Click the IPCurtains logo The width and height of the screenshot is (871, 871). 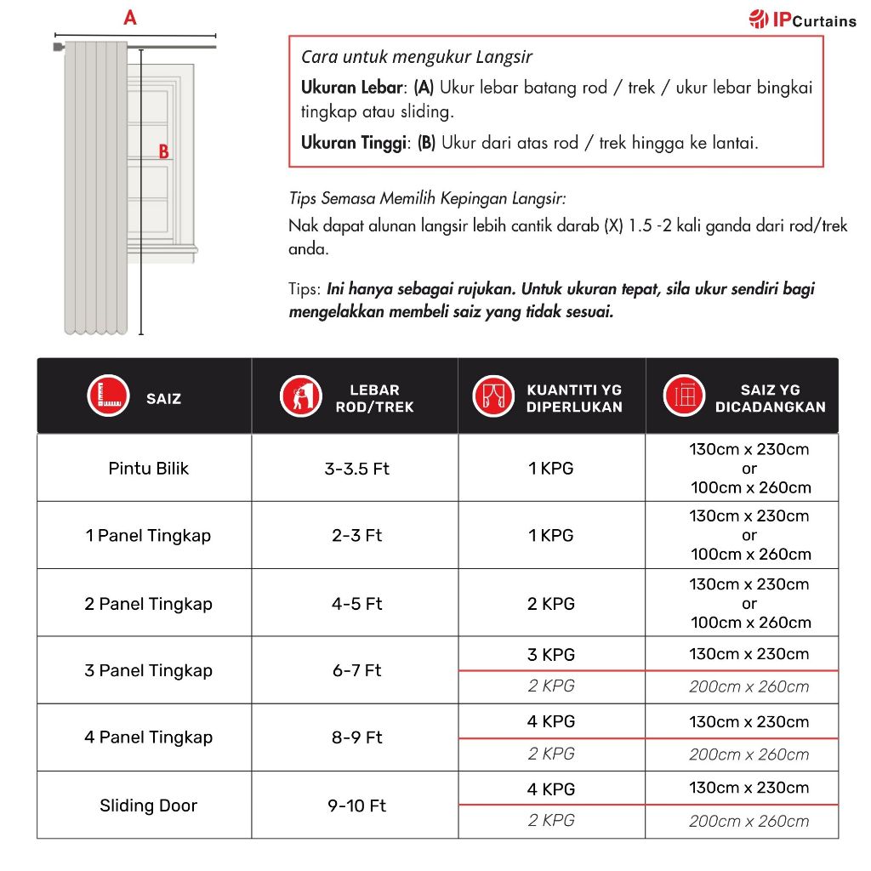(x=802, y=20)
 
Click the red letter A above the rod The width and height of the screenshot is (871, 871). (x=130, y=17)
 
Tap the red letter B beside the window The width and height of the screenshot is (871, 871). (x=163, y=152)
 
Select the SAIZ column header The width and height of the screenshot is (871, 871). (x=163, y=398)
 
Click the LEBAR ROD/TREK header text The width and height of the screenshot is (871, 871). (x=374, y=398)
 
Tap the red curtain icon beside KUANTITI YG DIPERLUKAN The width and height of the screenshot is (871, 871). (x=493, y=396)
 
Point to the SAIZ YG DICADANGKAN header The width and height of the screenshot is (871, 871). (x=770, y=398)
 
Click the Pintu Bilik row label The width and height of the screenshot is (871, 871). (x=148, y=469)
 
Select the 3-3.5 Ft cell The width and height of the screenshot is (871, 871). (x=356, y=469)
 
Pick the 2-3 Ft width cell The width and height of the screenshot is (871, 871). (x=356, y=536)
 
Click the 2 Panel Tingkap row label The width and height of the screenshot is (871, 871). (x=148, y=604)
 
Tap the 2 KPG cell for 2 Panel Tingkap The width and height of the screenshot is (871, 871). (x=550, y=604)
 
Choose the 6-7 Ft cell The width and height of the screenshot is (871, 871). (x=356, y=671)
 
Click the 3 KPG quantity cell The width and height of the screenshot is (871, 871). (x=550, y=655)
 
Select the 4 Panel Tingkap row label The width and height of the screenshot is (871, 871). (x=148, y=737)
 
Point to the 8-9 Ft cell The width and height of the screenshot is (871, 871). (x=356, y=737)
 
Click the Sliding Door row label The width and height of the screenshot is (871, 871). (x=148, y=806)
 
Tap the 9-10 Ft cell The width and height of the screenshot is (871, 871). (x=356, y=806)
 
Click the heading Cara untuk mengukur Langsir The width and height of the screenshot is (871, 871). (x=417, y=58)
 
